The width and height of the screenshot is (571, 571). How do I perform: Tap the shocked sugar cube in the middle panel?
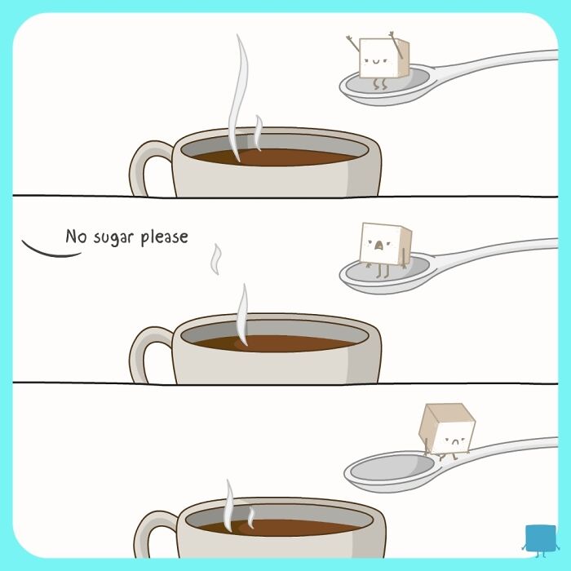click(385, 244)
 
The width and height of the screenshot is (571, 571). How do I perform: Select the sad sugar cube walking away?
click(446, 427)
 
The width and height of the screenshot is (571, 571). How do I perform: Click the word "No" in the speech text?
click(75, 237)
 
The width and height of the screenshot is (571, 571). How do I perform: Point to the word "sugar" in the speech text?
click(113, 238)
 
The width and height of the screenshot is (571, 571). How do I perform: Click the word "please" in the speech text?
click(164, 238)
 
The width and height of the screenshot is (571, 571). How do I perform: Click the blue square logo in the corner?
click(538, 538)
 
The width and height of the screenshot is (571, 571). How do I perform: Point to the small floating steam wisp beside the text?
click(216, 259)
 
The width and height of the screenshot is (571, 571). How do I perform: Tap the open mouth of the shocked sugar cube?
click(377, 245)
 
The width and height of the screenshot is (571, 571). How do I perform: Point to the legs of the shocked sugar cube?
click(378, 269)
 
